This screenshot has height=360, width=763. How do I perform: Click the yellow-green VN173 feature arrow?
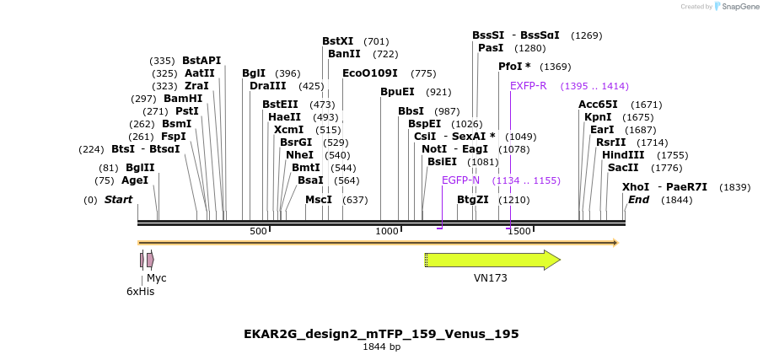tap(492, 260)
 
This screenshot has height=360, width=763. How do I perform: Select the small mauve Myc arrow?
tap(150, 260)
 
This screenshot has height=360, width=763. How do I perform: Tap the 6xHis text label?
tap(140, 292)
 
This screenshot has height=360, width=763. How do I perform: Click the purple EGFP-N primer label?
tap(460, 180)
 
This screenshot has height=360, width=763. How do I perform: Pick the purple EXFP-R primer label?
tap(529, 86)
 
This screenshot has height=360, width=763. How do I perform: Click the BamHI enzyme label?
tap(183, 99)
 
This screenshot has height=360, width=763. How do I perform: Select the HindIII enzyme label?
tap(623, 155)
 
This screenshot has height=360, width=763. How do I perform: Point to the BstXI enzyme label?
tap(337, 41)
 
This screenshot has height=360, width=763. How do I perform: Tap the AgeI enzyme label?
tap(135, 180)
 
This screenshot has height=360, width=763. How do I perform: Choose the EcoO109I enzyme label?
tap(370, 73)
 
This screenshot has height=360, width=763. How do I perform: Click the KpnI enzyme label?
tap(598, 117)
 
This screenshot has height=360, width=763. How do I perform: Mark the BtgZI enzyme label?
tap(472, 200)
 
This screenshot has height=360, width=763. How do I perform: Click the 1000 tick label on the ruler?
tap(387, 231)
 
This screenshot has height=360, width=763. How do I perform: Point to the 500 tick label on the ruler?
tap(258, 231)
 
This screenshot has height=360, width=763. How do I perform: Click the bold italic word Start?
tap(119, 200)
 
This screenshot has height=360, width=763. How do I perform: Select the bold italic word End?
tap(638, 200)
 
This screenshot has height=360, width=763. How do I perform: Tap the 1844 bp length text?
tap(381, 347)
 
